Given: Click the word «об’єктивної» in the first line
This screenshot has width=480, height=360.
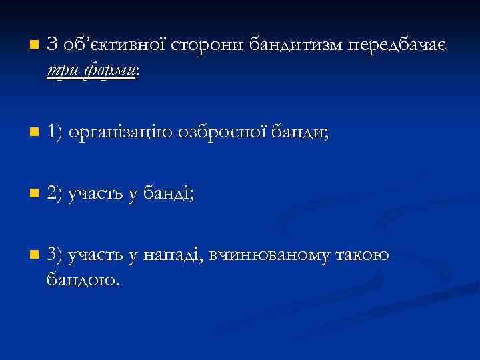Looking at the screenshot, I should pos(113,45).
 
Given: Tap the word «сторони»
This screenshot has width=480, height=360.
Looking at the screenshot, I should pos(209,45).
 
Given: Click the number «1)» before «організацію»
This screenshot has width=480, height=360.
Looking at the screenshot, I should pos(57,133).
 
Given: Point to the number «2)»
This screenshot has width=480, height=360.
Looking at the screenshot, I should pos(57,194).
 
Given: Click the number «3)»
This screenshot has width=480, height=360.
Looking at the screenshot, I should pos(57,255).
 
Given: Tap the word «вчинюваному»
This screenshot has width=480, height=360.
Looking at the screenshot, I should pos(269,255).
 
